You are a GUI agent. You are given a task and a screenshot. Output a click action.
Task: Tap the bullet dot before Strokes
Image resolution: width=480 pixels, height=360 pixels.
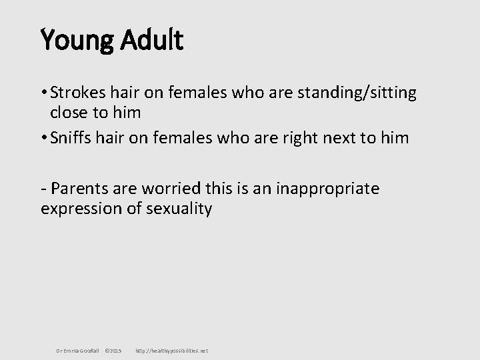tap(44, 93)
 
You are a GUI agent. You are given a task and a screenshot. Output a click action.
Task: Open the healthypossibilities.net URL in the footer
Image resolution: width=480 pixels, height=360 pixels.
tap(171, 350)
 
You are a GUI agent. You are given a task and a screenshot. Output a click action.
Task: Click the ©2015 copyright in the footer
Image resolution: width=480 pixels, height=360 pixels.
tap(113, 350)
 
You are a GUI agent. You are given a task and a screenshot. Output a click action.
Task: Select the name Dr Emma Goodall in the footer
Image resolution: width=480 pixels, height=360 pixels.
tap(77, 350)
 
